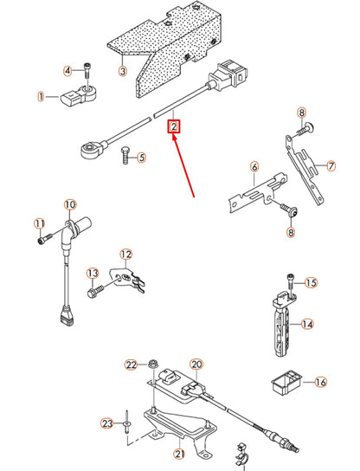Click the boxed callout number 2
point(174,127)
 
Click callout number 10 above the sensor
point(69,205)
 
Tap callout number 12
point(126,254)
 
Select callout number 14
point(304,326)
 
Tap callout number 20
point(196,365)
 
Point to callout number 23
point(107,423)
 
